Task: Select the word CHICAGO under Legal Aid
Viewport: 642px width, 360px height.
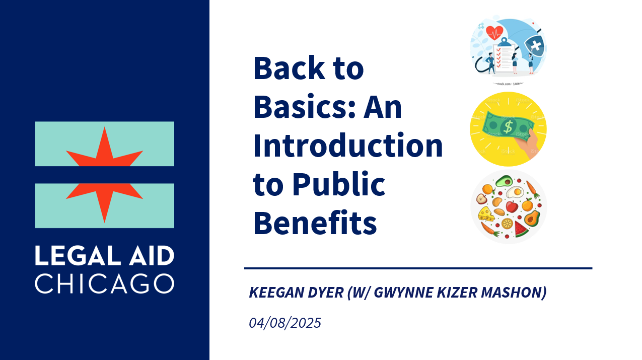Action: [105, 283]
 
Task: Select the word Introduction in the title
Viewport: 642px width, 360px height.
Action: [348, 146]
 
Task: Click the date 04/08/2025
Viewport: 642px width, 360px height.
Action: [285, 323]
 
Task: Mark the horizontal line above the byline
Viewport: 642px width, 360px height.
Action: [418, 268]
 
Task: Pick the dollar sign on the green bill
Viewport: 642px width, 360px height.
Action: [508, 127]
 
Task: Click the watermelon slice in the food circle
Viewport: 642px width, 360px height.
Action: [521, 229]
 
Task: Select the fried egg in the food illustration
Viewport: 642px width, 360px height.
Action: [515, 192]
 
